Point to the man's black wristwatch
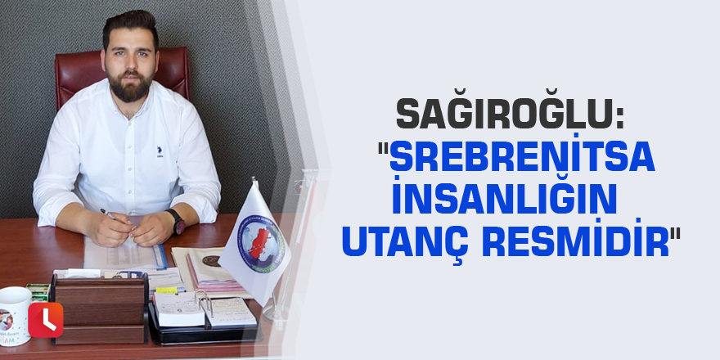pos(176,220)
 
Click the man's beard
pos(131,86)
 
